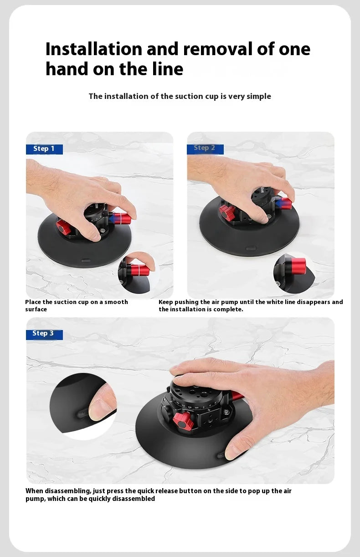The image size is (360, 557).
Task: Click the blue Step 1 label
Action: pyautogui.click(x=44, y=149)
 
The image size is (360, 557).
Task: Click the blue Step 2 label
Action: pyautogui.click(x=205, y=149)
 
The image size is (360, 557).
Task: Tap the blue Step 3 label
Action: pyautogui.click(x=44, y=335)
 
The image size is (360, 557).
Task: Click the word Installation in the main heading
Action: pyautogui.click(x=94, y=49)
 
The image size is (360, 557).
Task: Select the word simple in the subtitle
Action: pyautogui.click(x=258, y=97)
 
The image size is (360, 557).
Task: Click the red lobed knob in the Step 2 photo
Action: pyautogui.click(x=227, y=212)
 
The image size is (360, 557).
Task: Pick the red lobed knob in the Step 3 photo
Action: pyautogui.click(x=183, y=422)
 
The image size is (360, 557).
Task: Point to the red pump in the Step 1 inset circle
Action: pyautogui.click(x=139, y=270)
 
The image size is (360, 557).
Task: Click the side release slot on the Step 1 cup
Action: pyautogui.click(x=86, y=261)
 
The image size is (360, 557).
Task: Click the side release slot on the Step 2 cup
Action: pyautogui.click(x=251, y=248)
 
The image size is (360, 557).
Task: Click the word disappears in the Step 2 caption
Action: pyautogui.click(x=314, y=302)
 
